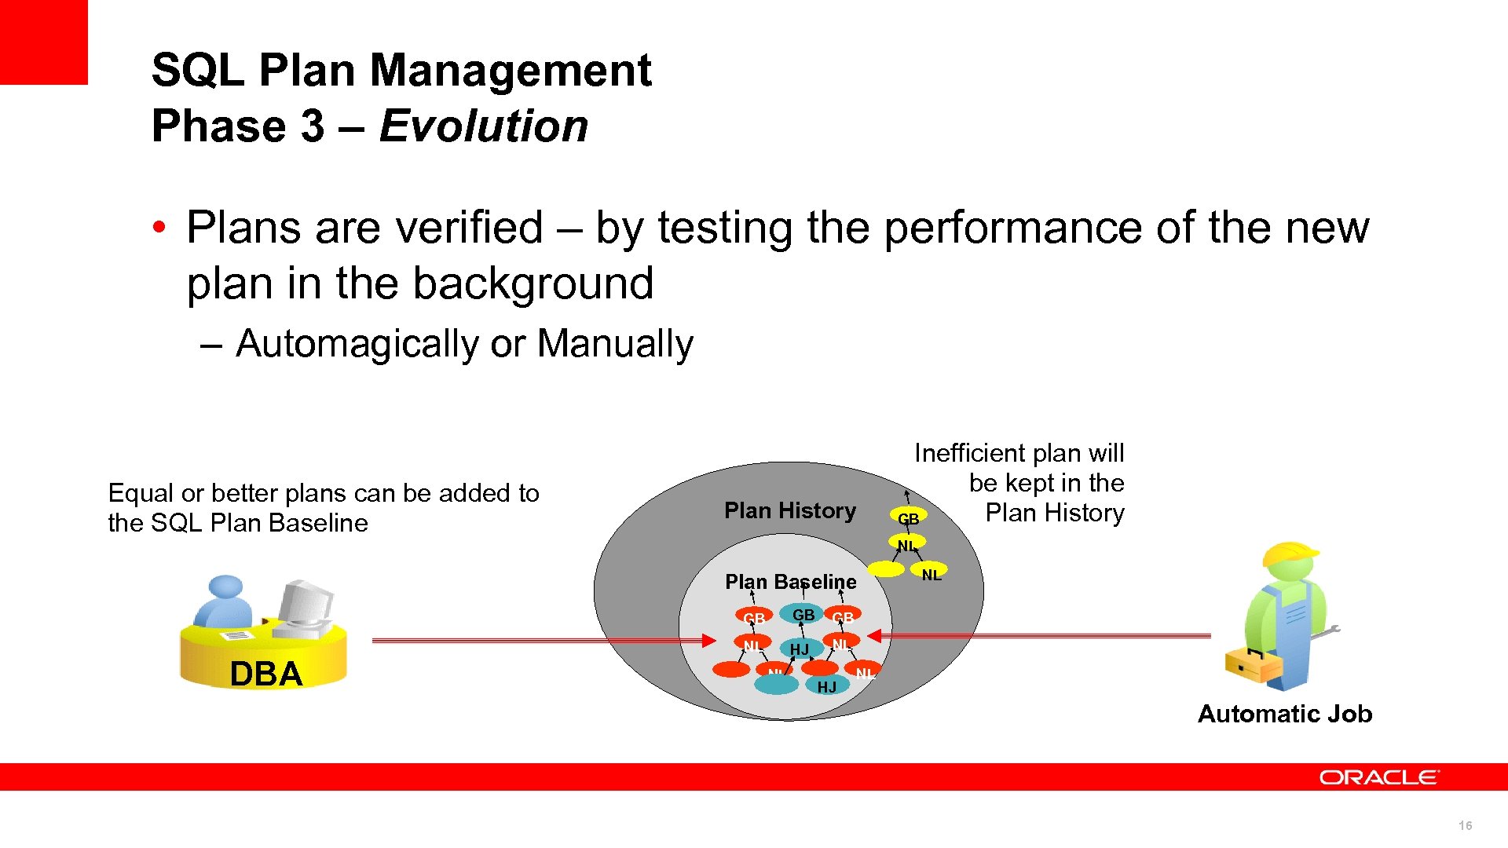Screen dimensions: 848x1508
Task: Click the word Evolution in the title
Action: point(483,126)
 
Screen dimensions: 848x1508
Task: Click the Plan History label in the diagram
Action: point(789,511)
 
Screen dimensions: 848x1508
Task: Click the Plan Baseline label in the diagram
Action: point(790,582)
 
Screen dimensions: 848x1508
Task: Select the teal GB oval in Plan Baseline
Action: point(802,615)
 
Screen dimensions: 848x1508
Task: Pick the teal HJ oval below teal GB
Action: point(800,649)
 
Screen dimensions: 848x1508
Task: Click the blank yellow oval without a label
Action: point(886,569)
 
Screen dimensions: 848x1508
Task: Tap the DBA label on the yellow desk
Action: point(265,674)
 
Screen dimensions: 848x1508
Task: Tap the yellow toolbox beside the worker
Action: point(1253,666)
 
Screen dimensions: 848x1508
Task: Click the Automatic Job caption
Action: point(1284,714)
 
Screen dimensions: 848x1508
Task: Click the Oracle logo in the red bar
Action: point(1378,777)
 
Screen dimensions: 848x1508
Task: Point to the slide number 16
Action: point(1465,825)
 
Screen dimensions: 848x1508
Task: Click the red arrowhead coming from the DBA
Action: point(708,641)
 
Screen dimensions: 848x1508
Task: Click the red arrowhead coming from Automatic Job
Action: point(875,635)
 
